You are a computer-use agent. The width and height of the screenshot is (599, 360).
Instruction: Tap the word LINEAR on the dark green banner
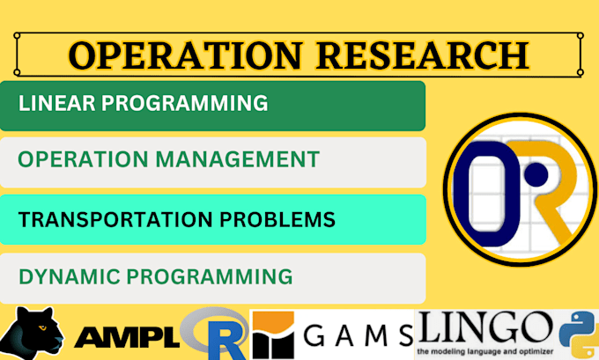[x=55, y=103]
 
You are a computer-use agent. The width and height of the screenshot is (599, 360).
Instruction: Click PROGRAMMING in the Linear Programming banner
[x=184, y=103]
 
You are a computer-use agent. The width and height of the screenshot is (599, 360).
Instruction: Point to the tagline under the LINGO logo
[x=486, y=351]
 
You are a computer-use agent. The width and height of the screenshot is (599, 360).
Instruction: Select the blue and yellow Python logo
[x=578, y=333]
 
